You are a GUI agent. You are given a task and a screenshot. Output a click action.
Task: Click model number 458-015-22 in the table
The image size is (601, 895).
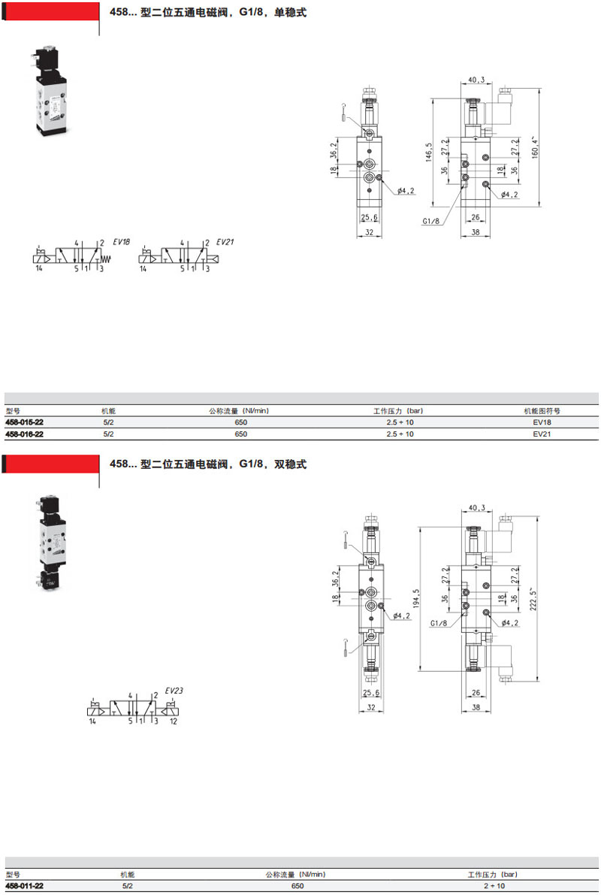coord(24,422)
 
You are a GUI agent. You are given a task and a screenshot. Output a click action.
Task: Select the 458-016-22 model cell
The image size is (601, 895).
coord(24,434)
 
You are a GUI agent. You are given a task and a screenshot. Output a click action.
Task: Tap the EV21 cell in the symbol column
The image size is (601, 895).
coord(542,434)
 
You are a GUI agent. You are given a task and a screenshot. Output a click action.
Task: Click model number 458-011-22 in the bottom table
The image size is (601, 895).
coord(24,886)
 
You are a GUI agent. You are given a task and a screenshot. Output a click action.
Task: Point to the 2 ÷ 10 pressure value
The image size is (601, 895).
coord(494,886)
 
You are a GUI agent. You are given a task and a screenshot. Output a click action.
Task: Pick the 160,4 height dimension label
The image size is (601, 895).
coord(535,147)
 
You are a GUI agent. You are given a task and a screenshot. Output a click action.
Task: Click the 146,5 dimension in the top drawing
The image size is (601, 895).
coord(429,153)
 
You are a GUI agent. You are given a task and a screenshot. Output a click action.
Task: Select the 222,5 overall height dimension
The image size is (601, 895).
coord(533,599)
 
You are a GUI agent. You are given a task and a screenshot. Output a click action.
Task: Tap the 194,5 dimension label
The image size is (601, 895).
coord(416,599)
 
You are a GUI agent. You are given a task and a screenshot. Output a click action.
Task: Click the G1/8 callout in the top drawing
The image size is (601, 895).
coord(431,221)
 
